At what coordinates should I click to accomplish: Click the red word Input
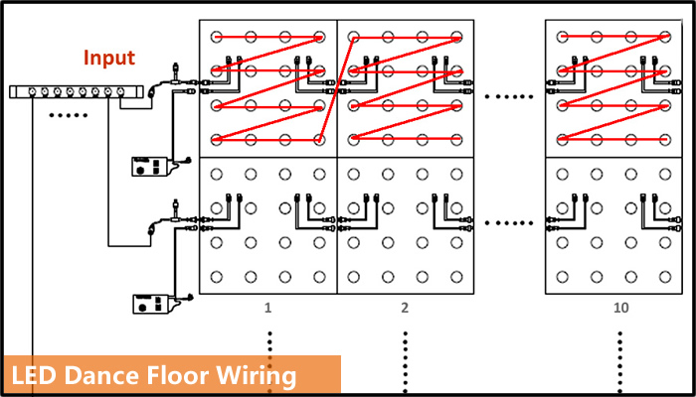pos(109,58)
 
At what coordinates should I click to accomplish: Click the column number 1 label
pos(267,308)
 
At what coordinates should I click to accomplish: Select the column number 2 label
pos(405,308)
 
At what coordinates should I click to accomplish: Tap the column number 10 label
pos(621,308)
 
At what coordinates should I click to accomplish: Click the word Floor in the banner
pos(171,376)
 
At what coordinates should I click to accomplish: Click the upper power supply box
pos(151,167)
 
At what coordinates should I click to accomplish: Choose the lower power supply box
pos(151,304)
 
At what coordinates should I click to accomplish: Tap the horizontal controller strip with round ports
pos(77,92)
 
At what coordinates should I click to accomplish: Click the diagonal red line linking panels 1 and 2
pos(336,89)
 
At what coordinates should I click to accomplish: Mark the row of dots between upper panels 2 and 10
pos(509,96)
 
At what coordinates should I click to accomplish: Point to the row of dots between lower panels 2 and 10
pos(509,223)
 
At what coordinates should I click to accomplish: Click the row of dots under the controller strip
pos(68,116)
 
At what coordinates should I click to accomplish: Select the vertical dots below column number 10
pos(620,362)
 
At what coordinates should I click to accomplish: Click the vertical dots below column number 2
pos(405,362)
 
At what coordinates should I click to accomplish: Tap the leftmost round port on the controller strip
pos(33,92)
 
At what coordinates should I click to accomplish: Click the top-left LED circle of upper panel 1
pos(216,37)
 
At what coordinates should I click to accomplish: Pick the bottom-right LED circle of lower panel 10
pos(665,277)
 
